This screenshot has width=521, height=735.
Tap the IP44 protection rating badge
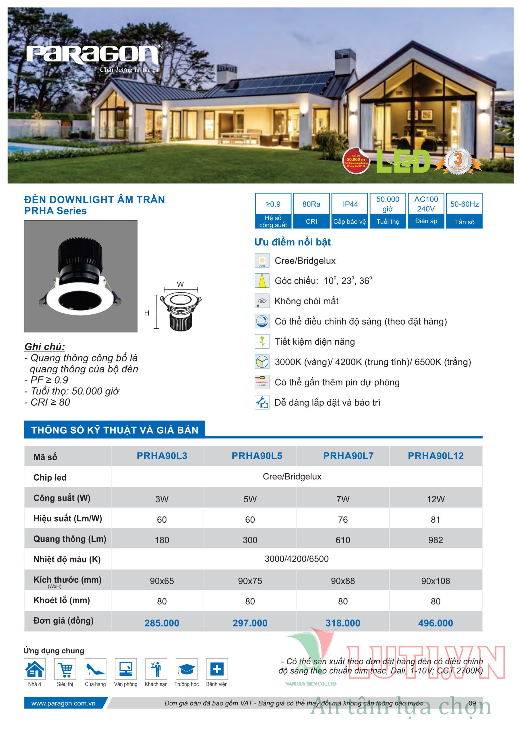click(350, 210)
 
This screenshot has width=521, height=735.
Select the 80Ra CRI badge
click(311, 210)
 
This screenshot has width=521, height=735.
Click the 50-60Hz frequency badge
click(464, 210)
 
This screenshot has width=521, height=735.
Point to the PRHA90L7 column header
click(348, 456)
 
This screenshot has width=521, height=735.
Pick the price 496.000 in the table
click(435, 623)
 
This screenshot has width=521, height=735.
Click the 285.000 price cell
click(162, 623)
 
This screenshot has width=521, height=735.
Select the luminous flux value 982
click(435, 540)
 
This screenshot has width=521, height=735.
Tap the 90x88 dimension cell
click(343, 581)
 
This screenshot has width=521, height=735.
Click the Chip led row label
click(50, 478)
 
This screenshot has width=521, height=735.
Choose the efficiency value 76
click(343, 520)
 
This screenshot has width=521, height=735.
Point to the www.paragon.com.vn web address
click(63, 703)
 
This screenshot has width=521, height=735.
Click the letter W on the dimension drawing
click(180, 284)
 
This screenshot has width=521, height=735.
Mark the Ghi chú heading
click(44, 347)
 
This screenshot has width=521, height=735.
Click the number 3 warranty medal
click(458, 160)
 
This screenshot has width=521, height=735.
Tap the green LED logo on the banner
click(403, 161)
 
